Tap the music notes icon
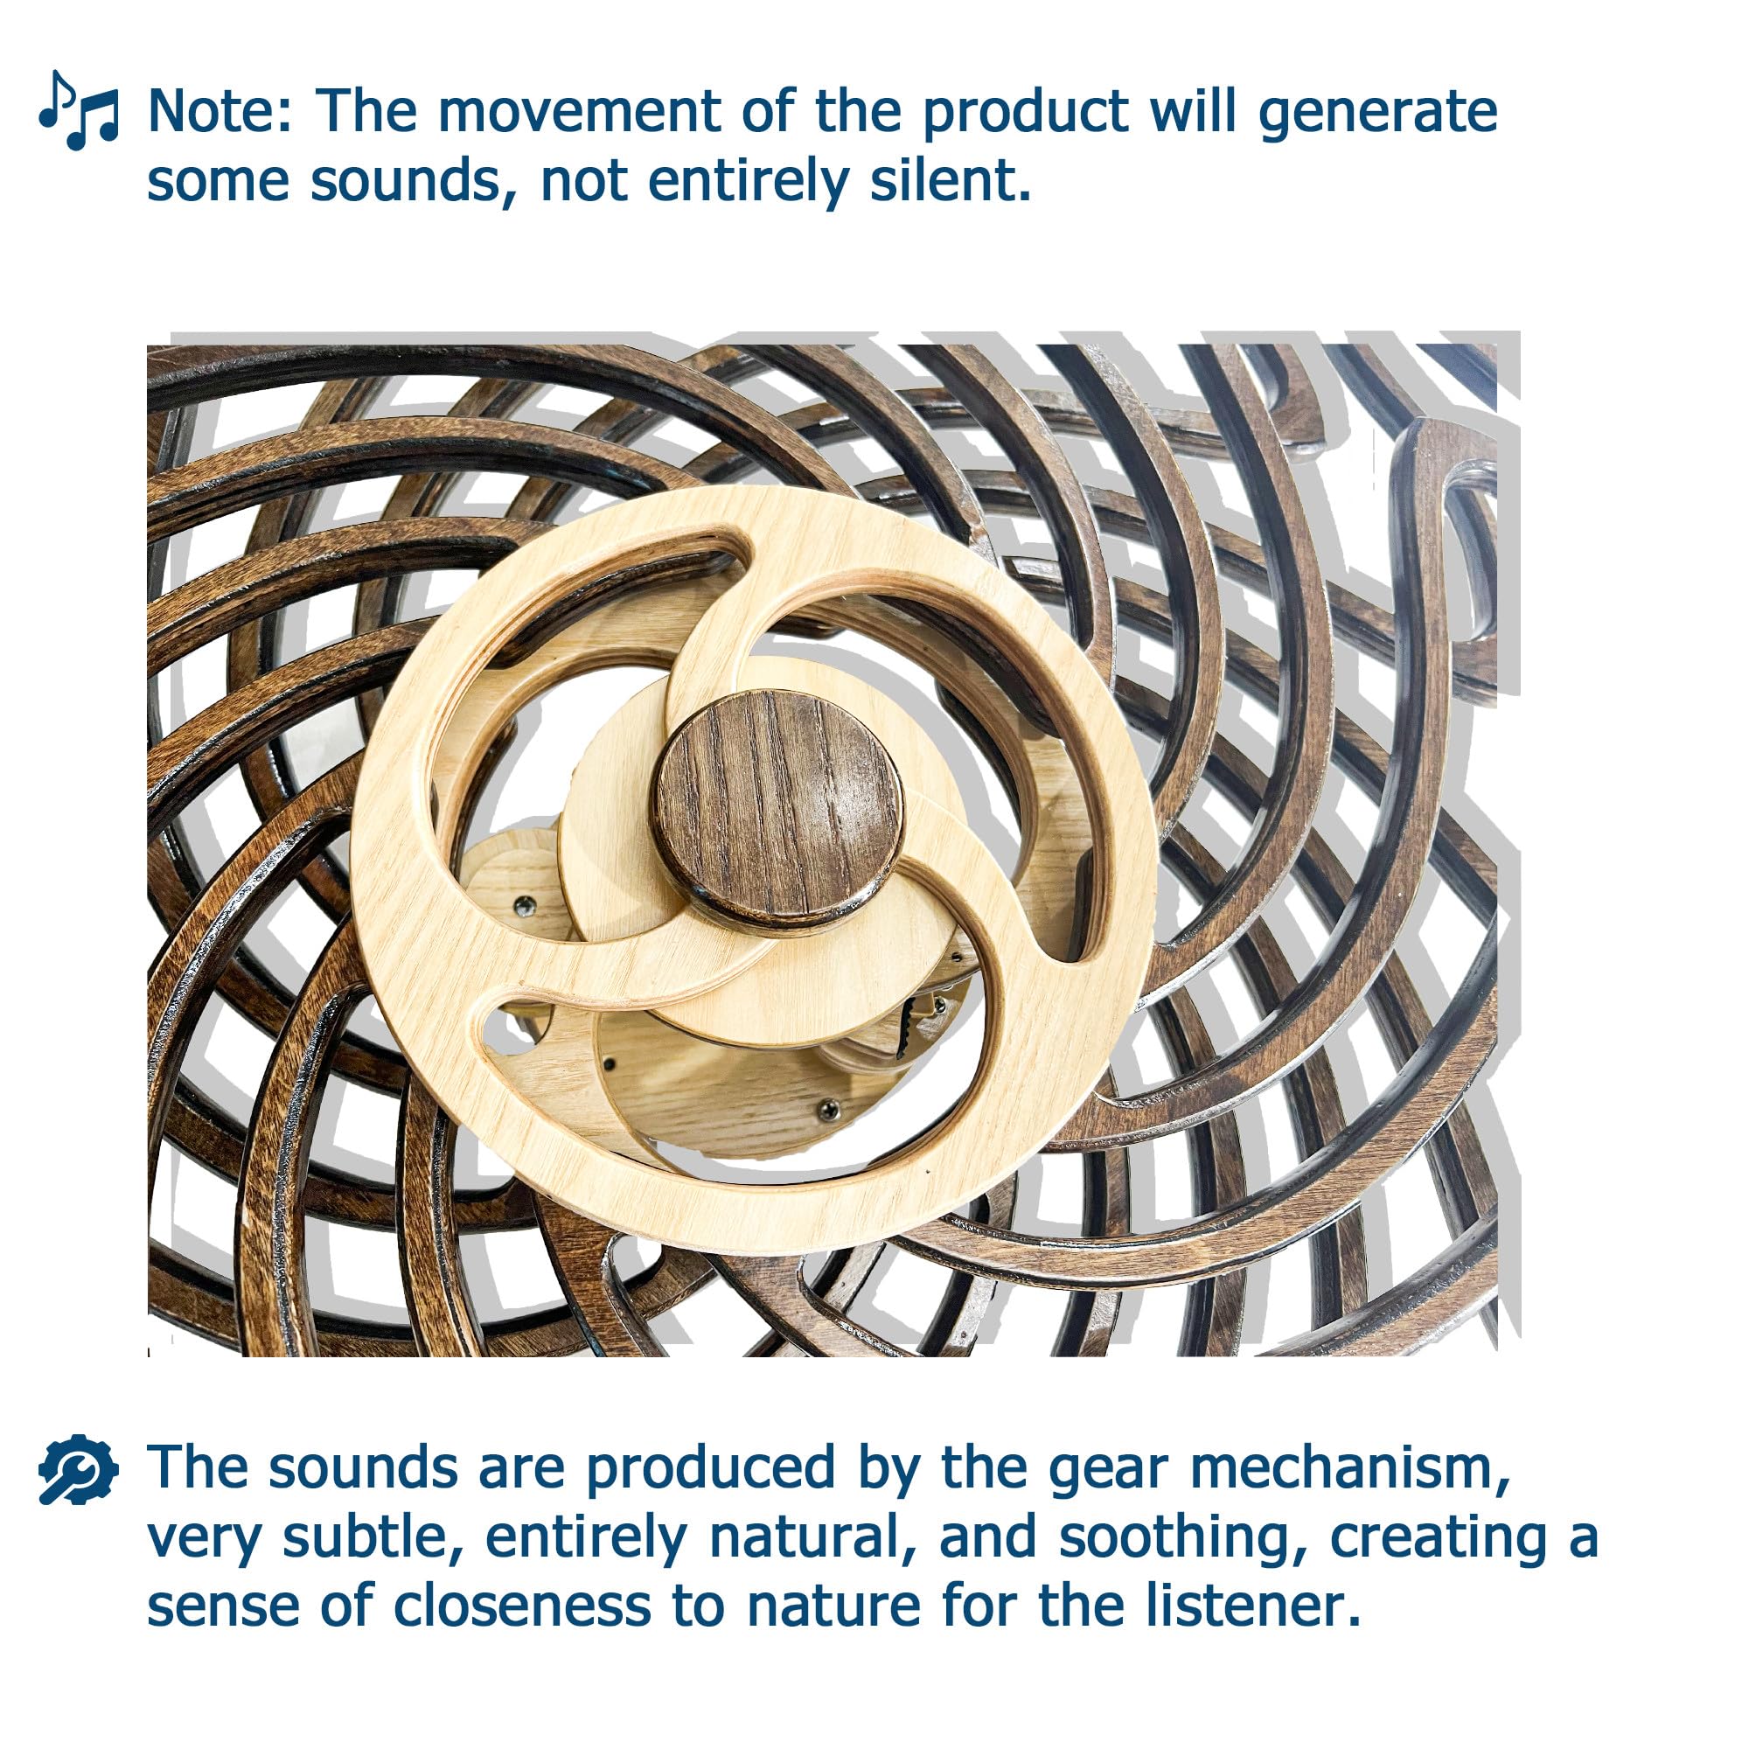point(79,110)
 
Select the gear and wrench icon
point(79,1470)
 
